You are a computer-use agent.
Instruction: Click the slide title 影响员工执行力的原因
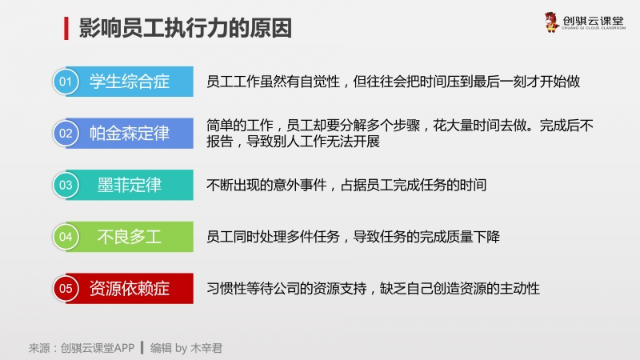pyautogui.click(x=186, y=28)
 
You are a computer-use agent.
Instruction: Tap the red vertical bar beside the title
pyautogui.click(x=66, y=28)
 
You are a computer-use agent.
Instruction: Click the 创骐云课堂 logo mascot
pyautogui.click(x=551, y=22)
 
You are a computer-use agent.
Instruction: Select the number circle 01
pyautogui.click(x=66, y=82)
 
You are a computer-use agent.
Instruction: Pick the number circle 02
pyautogui.click(x=66, y=134)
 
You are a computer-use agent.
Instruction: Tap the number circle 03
pyautogui.click(x=66, y=185)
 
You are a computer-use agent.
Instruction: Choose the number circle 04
pyautogui.click(x=66, y=237)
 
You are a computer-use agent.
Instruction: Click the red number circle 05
pyautogui.click(x=66, y=289)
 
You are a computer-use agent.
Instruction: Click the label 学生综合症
pyautogui.click(x=130, y=82)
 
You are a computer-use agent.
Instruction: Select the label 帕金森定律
pyautogui.click(x=130, y=134)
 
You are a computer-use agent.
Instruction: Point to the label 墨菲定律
pyautogui.click(x=130, y=185)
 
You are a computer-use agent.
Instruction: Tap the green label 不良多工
pyautogui.click(x=130, y=237)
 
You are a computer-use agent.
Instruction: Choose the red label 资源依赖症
pyautogui.click(x=130, y=289)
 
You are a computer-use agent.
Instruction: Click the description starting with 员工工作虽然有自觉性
pyautogui.click(x=393, y=82)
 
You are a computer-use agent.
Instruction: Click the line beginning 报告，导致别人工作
pyautogui.click(x=293, y=142)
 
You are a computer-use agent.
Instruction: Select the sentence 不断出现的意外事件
pyautogui.click(x=346, y=186)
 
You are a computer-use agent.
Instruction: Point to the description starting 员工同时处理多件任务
pyautogui.click(x=353, y=237)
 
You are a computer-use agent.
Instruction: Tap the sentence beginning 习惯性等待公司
pyautogui.click(x=373, y=289)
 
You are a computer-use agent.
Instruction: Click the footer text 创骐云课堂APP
pyautogui.click(x=98, y=348)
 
